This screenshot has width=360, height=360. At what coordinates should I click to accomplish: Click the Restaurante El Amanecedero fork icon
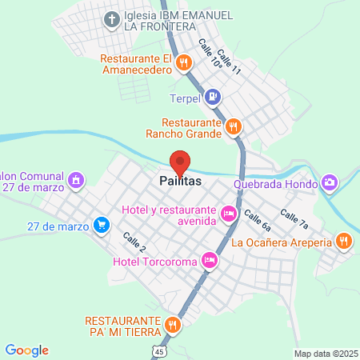tap(183, 62)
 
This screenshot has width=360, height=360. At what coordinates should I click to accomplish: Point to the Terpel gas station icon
tap(212, 98)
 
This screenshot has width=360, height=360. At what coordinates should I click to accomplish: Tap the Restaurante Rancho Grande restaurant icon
tap(234, 126)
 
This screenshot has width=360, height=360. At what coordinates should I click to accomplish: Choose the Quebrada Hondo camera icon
tap(330, 183)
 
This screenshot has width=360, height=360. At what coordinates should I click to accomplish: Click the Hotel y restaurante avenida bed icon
tap(228, 214)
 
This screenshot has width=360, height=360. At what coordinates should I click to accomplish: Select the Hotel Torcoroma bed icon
tap(209, 259)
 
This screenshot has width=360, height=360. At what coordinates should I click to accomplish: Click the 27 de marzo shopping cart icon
tap(101, 226)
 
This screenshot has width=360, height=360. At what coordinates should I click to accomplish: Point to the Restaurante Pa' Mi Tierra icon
tap(173, 325)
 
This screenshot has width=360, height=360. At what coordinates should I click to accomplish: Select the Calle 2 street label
tap(134, 242)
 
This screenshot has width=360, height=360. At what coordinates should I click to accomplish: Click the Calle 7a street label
tap(293, 218)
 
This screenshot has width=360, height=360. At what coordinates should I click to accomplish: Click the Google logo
tap(26, 350)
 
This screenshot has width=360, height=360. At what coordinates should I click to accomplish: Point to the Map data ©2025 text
tap(325, 354)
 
